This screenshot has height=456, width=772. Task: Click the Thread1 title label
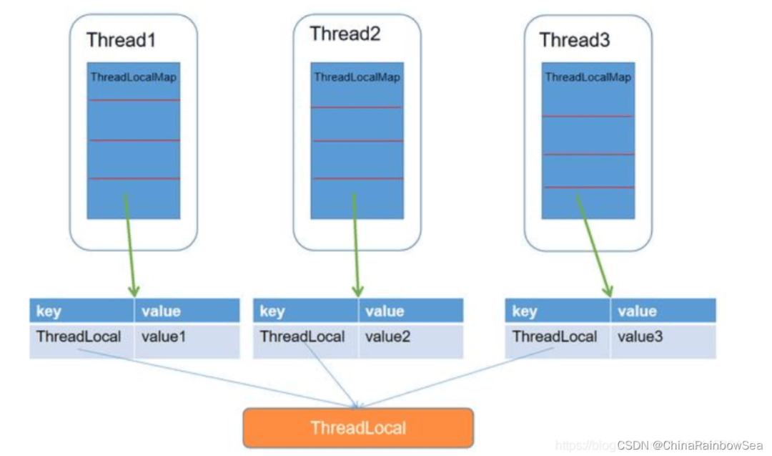point(121,39)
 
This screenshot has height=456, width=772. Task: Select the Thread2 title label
point(345,34)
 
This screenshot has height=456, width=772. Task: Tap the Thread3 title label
point(575,39)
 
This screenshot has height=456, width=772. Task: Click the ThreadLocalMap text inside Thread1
point(134,77)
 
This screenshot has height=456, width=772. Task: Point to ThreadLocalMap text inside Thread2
point(357,77)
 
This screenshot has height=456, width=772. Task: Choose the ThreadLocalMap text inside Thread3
point(588,77)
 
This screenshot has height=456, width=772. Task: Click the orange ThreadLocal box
point(358,428)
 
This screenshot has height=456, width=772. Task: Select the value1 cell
point(164,336)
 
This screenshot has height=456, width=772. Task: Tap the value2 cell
point(387,336)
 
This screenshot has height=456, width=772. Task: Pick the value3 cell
point(640,336)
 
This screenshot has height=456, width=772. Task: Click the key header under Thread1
point(49,311)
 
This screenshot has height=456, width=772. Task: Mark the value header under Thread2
point(385,311)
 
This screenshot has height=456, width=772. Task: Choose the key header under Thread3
point(525,311)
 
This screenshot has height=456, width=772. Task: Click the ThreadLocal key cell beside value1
point(79,336)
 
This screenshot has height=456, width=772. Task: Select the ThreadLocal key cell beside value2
point(302,336)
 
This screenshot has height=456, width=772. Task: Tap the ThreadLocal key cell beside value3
point(555,336)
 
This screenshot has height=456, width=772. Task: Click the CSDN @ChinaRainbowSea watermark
point(690,445)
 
